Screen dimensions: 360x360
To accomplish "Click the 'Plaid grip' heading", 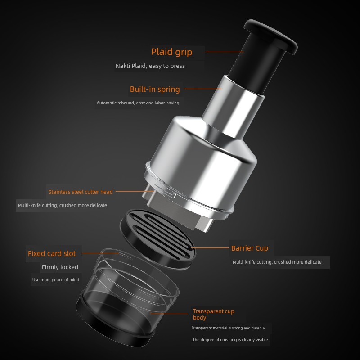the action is tap(171, 52).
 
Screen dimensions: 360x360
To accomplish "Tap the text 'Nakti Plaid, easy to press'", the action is tap(150, 66).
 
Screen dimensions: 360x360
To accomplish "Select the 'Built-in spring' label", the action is tap(155, 89).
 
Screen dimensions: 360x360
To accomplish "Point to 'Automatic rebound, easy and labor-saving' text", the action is tap(138, 103).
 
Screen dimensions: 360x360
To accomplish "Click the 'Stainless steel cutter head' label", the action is tap(81, 192).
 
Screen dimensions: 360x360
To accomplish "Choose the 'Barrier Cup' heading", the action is tap(250, 248).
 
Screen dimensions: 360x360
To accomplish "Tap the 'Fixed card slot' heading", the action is tap(52, 253).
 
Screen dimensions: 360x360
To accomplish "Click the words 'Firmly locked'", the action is tap(60, 267).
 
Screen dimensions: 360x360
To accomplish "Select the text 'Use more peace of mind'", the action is tap(56, 279).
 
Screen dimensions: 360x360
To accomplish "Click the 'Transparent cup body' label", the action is tap(213, 314).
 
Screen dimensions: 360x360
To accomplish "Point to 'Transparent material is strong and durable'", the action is tap(228, 328).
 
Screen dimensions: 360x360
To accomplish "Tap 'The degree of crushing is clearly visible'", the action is tap(230, 340).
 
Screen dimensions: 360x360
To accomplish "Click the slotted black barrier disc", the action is tap(158, 239).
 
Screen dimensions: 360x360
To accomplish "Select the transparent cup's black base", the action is tap(115, 326).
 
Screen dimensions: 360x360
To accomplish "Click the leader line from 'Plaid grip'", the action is tap(224, 52).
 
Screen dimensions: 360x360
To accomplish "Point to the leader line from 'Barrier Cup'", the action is tap(210, 248).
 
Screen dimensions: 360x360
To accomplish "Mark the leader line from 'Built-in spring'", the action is tap(203, 89).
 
